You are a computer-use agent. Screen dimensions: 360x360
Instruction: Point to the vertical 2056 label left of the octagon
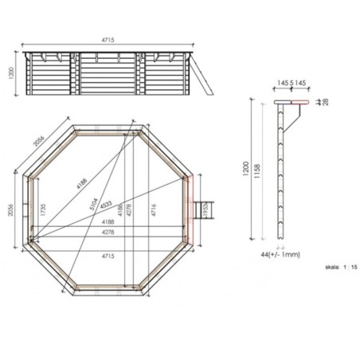[x=10, y=209]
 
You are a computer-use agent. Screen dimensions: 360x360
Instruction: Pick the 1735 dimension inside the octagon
[x=40, y=210]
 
